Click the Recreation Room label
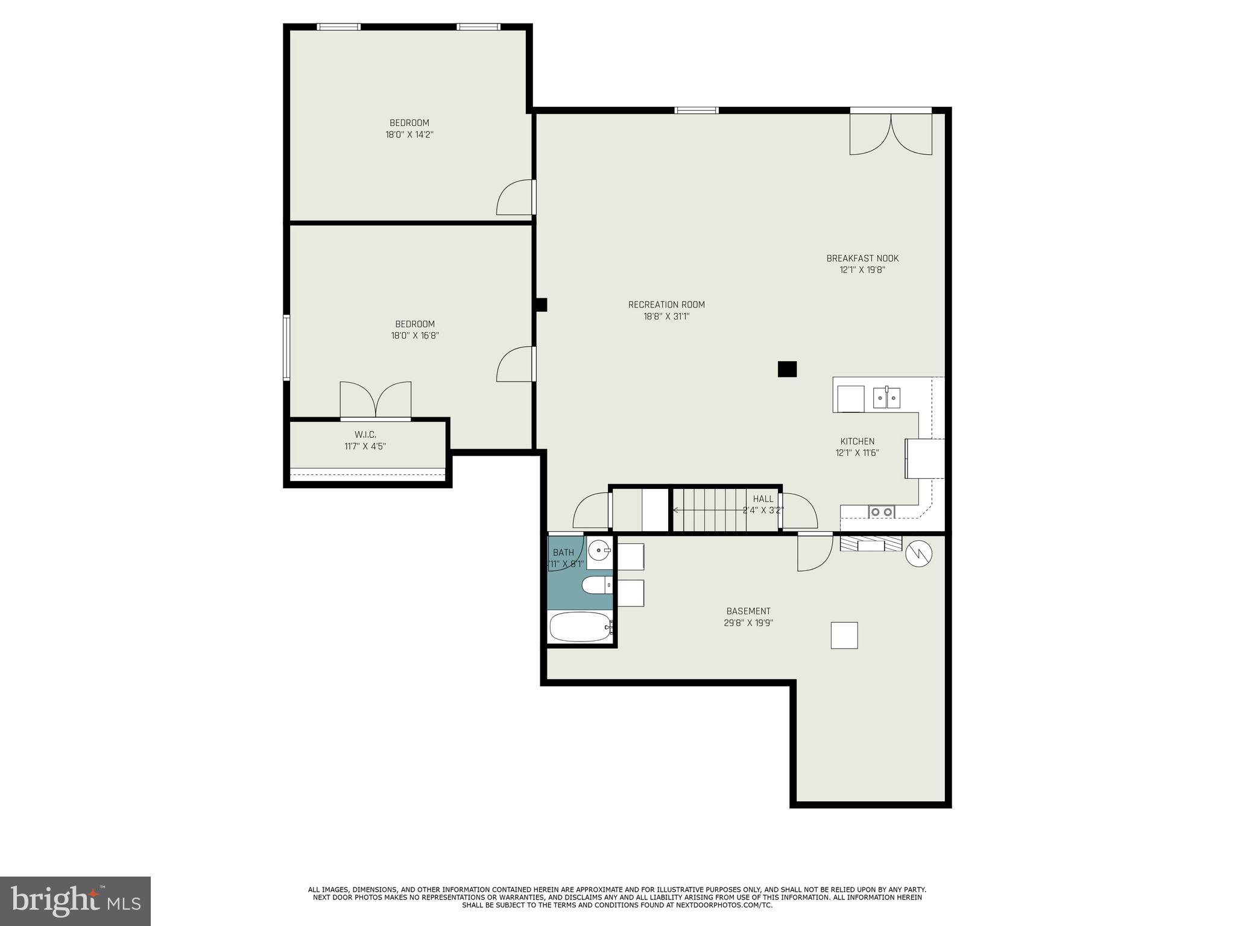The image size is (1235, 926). pyautogui.click(x=666, y=304)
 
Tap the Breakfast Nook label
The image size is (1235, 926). pyautogui.click(x=862, y=258)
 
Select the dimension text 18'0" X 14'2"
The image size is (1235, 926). pyautogui.click(x=409, y=134)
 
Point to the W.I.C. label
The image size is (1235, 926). pyautogui.click(x=365, y=435)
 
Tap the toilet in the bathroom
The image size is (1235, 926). pyautogui.click(x=597, y=585)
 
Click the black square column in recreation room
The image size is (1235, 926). pyautogui.click(x=787, y=369)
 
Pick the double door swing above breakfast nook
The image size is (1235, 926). pyautogui.click(x=891, y=136)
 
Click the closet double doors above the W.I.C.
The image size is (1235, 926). pyautogui.click(x=376, y=400)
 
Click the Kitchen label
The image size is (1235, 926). pyautogui.click(x=857, y=441)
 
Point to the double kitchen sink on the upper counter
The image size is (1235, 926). pyautogui.click(x=886, y=398)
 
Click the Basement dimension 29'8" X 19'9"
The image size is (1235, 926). pyautogui.click(x=748, y=623)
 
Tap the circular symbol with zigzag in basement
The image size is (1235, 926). pyautogui.click(x=919, y=553)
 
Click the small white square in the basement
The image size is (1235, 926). pyautogui.click(x=844, y=635)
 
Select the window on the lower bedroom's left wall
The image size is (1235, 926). pyautogui.click(x=287, y=347)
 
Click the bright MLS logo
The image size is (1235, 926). pyautogui.click(x=75, y=901)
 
